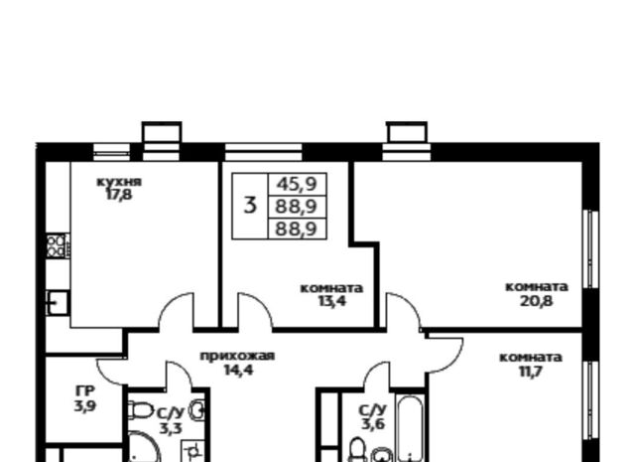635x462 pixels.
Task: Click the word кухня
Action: [119, 182]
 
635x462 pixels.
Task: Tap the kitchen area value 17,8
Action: [119, 195]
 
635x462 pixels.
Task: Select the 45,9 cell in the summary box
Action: [297, 184]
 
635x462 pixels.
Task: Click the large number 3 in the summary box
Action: [251, 206]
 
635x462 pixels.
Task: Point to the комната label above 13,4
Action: [331, 288]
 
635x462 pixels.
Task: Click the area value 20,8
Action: [537, 301]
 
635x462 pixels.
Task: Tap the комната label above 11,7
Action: [531, 358]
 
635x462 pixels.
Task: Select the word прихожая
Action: [237, 356]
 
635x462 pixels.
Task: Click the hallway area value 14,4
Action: [239, 370]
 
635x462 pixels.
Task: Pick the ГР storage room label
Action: [85, 391]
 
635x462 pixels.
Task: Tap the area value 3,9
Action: [85, 405]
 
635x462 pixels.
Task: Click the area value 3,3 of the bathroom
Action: [171, 428]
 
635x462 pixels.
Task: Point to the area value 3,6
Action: [373, 424]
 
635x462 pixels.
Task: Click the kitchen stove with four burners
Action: [58, 245]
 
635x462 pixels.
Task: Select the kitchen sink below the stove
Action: [58, 303]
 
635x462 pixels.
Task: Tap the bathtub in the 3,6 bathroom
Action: [410, 428]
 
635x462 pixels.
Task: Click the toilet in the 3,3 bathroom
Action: [139, 410]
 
